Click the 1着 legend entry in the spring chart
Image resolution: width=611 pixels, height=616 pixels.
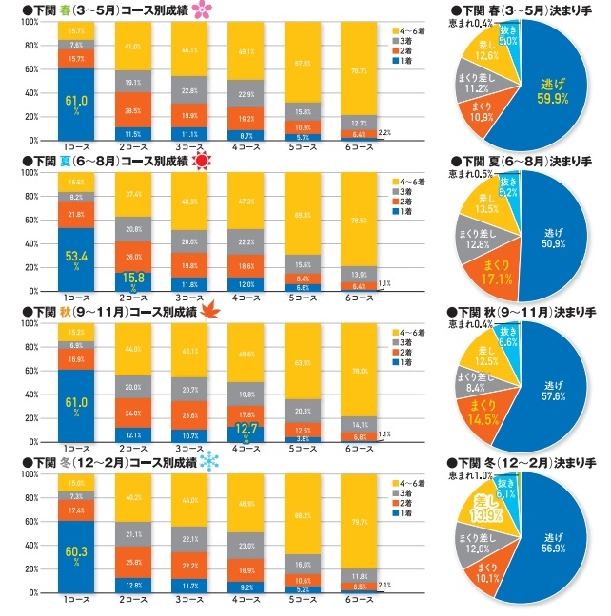coord(404,62)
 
